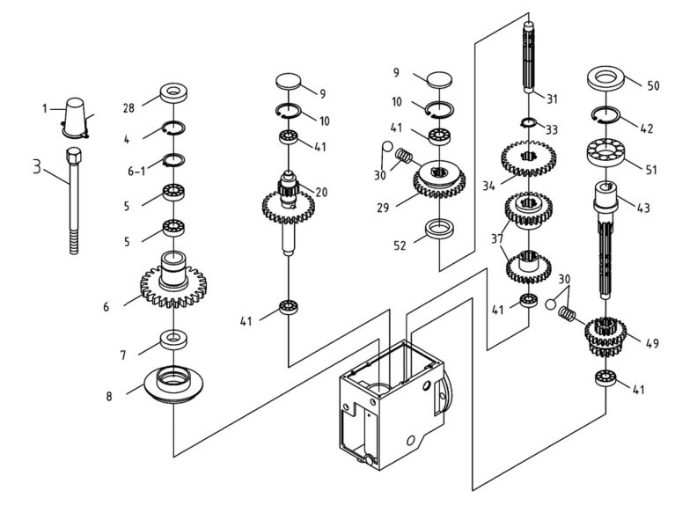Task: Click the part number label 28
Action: point(128,107)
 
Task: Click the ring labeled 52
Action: point(439,231)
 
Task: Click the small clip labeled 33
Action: point(528,121)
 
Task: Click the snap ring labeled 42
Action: point(609,113)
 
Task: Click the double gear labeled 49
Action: point(605,335)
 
